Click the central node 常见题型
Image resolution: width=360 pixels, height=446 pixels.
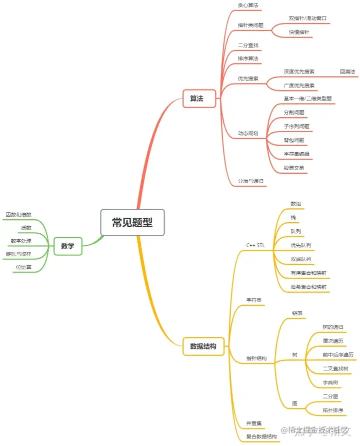pyautogui.click(x=132, y=222)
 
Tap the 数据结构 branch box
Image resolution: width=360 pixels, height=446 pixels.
pyautogui.click(x=202, y=346)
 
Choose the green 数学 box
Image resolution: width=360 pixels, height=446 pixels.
pyautogui.click(x=67, y=246)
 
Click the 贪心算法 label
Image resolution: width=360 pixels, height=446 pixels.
pyautogui.click(x=248, y=5)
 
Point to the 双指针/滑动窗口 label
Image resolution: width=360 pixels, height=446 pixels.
pyautogui.click(x=307, y=18)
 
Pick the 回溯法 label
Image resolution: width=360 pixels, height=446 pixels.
pyautogui.click(x=347, y=72)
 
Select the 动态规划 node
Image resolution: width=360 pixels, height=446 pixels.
pyautogui.click(x=248, y=134)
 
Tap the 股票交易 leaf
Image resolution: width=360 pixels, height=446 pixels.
pyautogui.click(x=293, y=168)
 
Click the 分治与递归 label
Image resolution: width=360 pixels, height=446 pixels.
pyautogui.click(x=250, y=181)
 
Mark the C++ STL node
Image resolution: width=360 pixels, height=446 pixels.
pyautogui.click(x=255, y=245)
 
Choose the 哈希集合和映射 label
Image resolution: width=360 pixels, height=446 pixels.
pyautogui.click(x=308, y=287)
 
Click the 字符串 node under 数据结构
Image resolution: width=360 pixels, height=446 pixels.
pyautogui.click(x=255, y=300)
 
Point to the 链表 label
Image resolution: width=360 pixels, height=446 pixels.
pyautogui.click(x=297, y=313)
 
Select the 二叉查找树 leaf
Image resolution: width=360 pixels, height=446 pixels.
pyautogui.click(x=335, y=368)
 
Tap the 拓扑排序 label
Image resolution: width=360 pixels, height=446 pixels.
pyautogui.click(x=333, y=410)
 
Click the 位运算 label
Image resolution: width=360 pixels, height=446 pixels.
pyautogui.click(x=23, y=267)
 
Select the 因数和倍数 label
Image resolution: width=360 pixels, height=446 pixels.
pyautogui.click(x=18, y=214)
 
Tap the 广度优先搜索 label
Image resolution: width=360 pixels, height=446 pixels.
pyautogui.click(x=299, y=86)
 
